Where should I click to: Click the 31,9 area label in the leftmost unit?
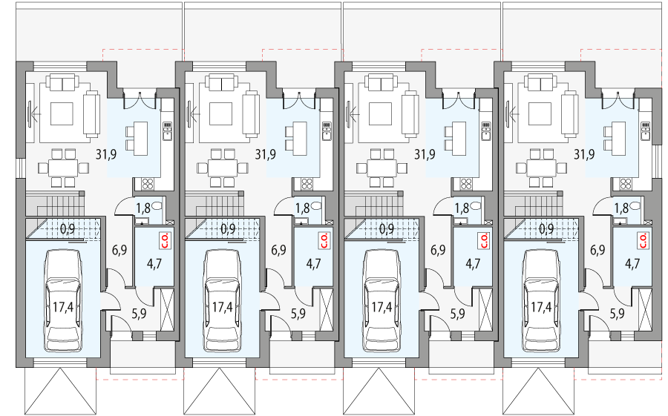coord(106,155)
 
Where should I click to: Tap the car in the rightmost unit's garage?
coord(541,300)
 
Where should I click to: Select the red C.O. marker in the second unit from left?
coord(323,240)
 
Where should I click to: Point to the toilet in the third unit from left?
coord(477,208)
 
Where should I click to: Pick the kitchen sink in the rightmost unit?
coord(645,131)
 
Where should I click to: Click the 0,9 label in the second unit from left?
coord(227,229)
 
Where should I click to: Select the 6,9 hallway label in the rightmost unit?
coord(597,251)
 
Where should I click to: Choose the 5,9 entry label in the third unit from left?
coord(457,314)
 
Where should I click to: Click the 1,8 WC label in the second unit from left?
coord(302,208)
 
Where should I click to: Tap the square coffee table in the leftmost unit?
coord(61,113)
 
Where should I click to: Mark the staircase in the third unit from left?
coord(372,203)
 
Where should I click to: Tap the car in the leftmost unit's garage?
coord(63,300)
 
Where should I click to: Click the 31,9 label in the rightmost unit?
coord(584,155)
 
